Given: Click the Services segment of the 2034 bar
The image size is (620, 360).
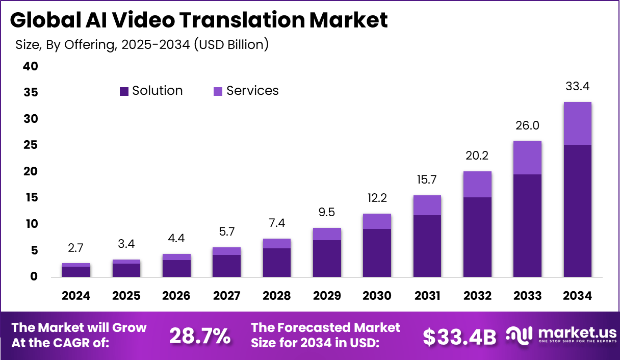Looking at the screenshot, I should [x=577, y=123].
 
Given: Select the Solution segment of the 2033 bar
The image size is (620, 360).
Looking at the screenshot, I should [x=527, y=225].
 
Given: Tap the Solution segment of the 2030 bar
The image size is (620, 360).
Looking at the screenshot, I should [x=377, y=252].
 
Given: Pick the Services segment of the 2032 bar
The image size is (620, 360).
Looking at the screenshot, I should [x=477, y=184].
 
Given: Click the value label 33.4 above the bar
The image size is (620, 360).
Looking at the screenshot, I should [x=577, y=87].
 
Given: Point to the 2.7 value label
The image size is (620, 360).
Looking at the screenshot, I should [x=76, y=248].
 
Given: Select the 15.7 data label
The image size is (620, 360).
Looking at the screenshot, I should [x=427, y=180].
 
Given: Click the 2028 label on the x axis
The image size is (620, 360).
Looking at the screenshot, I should [x=277, y=296].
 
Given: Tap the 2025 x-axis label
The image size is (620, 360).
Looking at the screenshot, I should [x=126, y=296].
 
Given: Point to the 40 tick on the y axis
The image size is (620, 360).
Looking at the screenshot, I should [x=30, y=67].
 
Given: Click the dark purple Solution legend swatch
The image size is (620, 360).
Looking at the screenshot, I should [x=124, y=91].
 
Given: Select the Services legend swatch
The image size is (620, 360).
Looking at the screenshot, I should [x=218, y=91].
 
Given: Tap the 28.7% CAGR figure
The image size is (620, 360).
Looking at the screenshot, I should [x=199, y=336].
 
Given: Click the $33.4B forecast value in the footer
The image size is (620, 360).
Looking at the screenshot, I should [x=459, y=336].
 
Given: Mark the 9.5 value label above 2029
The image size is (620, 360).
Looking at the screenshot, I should [x=327, y=212].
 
